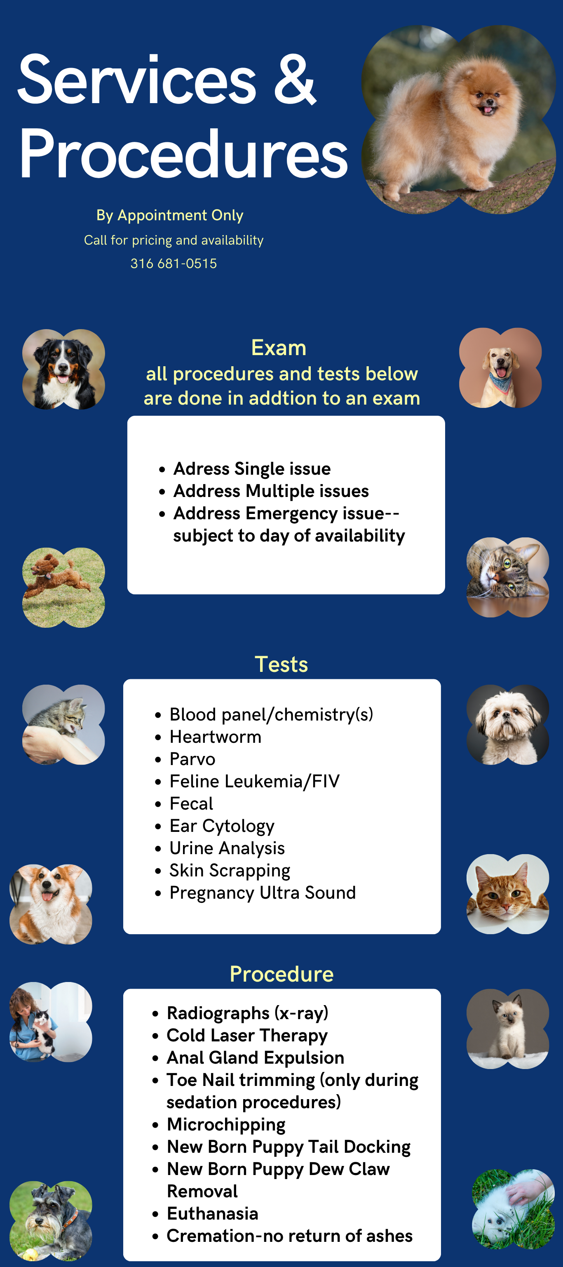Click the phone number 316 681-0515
pos(174,264)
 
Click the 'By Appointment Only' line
pos(170,215)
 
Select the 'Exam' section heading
pos(279,348)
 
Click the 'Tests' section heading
pos(281,664)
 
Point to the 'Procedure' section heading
pos(282,974)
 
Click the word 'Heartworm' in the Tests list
pos(216,737)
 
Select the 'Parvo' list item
pos(192,759)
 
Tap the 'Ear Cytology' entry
pos(222,826)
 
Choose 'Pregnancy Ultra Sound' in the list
pos(263,893)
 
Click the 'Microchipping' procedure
pos(226,1125)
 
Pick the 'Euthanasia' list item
pos(212,1213)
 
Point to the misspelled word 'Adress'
pos(202,469)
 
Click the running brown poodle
pos(58,575)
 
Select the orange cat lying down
pos(507,894)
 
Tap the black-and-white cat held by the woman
pos(43,1028)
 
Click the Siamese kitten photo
pos(508,1029)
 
